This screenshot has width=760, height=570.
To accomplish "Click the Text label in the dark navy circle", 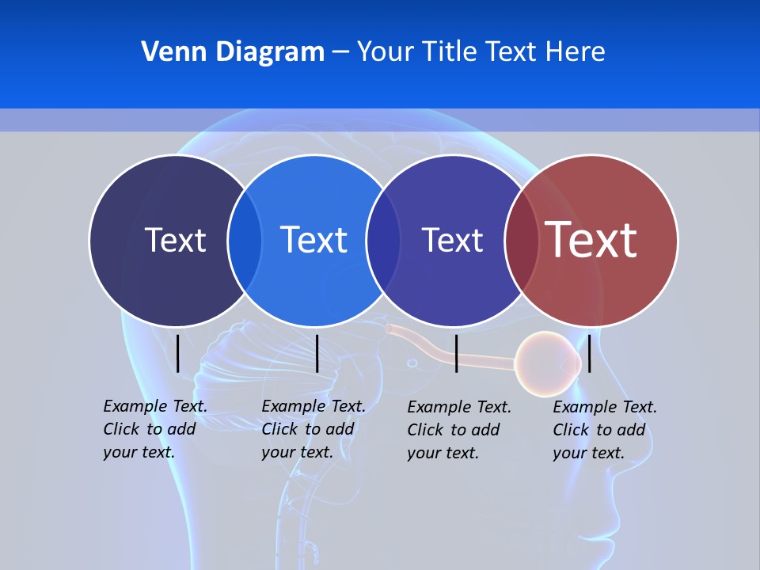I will tap(175, 240).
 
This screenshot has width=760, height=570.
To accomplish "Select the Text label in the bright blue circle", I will tap(313, 240).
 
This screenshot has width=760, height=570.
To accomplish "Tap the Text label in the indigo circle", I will tap(452, 240).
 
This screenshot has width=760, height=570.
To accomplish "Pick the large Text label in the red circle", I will tap(591, 240).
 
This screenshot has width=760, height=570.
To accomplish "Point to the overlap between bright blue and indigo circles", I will tap(383, 240).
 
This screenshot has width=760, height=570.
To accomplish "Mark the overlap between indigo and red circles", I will tap(522, 240).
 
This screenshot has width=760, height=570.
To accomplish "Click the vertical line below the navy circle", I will tap(178, 353).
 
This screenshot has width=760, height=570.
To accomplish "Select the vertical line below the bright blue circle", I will tap(317, 353).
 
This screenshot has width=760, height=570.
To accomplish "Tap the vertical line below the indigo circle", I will tap(456, 353).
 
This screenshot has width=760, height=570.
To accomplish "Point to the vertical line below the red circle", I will tap(590, 353).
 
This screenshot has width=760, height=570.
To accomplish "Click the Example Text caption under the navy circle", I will tap(154, 429).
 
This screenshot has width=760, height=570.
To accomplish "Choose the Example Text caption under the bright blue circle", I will tap(313, 429).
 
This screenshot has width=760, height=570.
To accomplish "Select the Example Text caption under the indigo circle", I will tap(458, 430).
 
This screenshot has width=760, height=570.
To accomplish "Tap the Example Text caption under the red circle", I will tap(604, 430).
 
